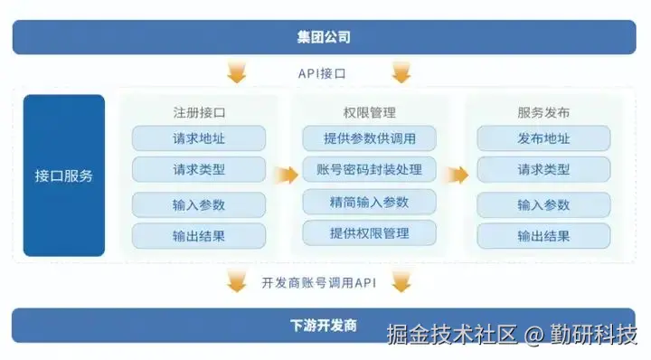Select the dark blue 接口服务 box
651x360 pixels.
tap(63, 175)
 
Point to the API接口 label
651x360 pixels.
tap(323, 73)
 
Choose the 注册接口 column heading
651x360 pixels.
tap(199, 113)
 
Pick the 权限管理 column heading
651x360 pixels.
tap(370, 113)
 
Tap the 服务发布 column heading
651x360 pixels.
tap(543, 113)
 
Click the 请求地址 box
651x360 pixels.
tap(199, 138)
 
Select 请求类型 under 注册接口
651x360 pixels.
tap(199, 170)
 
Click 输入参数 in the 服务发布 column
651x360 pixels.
tap(543, 204)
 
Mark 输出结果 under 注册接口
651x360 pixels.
tap(199, 236)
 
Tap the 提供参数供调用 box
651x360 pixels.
tap(369, 138)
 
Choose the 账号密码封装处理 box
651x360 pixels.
tap(369, 170)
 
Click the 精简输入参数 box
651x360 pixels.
tap(369, 202)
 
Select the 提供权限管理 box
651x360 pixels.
tap(369, 233)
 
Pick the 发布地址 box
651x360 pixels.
tap(543, 138)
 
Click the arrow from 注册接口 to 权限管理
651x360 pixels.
tap(287, 174)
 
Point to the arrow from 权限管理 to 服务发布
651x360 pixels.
tap(458, 174)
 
